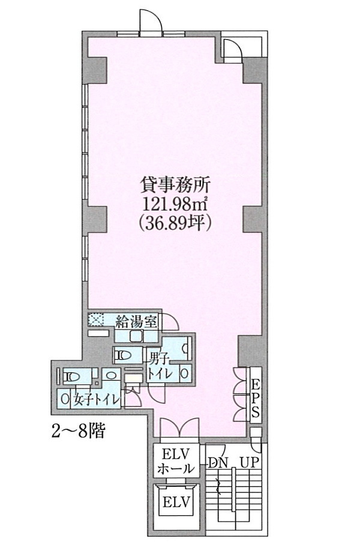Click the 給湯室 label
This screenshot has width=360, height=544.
point(136,321)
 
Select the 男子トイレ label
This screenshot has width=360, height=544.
point(159,366)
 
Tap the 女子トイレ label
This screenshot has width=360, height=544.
point(96,400)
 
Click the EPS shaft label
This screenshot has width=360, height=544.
point(256,397)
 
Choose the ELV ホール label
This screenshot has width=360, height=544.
point(176,461)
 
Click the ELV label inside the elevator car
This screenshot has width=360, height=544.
point(176,502)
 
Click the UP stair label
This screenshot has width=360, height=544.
point(250,462)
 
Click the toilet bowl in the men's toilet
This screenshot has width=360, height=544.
point(123,355)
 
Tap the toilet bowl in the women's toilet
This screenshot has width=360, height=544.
point(73,376)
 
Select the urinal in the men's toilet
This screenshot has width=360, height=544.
point(185,346)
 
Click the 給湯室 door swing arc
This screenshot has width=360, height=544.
point(170,321)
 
